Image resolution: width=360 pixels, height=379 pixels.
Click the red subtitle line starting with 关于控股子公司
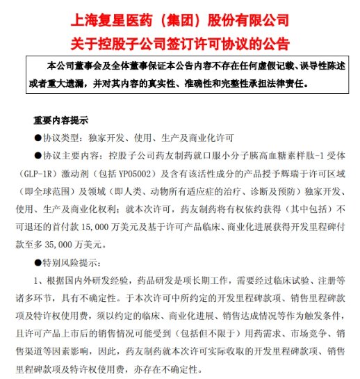click(180, 42)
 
